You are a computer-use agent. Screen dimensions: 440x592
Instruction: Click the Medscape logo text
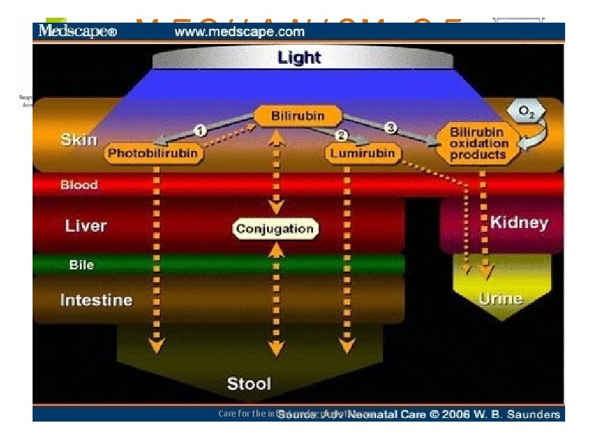77,31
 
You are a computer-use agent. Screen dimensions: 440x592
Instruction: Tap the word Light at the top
299,57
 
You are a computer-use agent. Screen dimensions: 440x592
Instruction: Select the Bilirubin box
298,116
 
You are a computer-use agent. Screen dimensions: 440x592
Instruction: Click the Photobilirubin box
152,152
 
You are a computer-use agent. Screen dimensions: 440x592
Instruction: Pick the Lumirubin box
363,152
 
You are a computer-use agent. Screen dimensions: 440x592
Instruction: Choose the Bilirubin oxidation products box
479,143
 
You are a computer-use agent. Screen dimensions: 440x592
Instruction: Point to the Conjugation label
275,229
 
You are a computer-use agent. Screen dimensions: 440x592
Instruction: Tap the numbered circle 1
200,130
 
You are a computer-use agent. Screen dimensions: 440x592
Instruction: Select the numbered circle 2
341,135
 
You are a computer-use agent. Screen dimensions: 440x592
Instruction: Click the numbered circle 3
390,128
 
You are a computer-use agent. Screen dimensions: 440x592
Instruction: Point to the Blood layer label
79,185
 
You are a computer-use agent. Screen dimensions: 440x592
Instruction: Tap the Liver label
86,226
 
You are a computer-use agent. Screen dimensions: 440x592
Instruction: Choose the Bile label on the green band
81,265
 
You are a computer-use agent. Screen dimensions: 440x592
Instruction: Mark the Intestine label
96,300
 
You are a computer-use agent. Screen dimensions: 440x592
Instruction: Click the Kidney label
518,222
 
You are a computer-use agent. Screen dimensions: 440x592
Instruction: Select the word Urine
501,298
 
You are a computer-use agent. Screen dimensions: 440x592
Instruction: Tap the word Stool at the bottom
249,384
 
